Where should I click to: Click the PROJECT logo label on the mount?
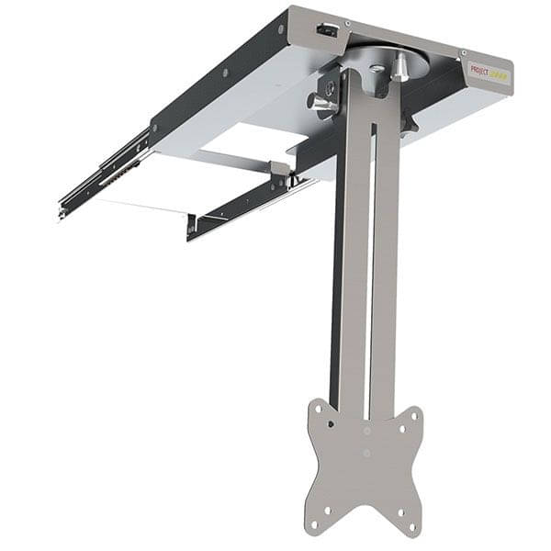coord(489,71)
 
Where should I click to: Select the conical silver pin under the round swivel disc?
coord(401,68)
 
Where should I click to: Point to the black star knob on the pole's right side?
coord(408,120)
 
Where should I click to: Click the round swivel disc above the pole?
coord(386,57)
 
